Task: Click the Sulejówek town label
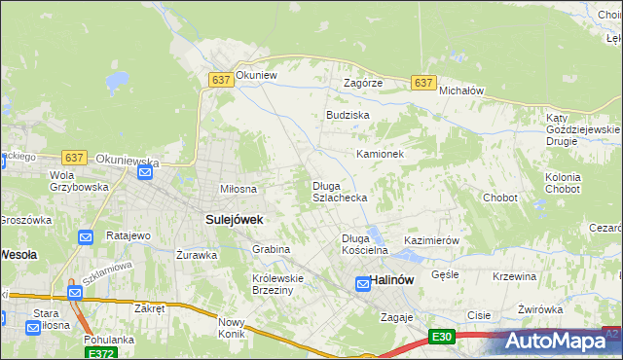(x=234, y=220)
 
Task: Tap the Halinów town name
(x=393, y=281)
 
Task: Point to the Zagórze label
(x=363, y=84)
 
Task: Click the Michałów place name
(x=461, y=90)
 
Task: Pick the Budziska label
(x=348, y=115)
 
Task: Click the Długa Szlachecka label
(x=339, y=192)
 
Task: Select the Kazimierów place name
(x=431, y=240)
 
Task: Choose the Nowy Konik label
(x=232, y=328)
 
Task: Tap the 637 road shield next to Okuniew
(x=220, y=82)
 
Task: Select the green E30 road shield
(x=442, y=337)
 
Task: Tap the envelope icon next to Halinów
(x=363, y=283)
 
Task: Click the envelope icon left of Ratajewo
(x=86, y=236)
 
